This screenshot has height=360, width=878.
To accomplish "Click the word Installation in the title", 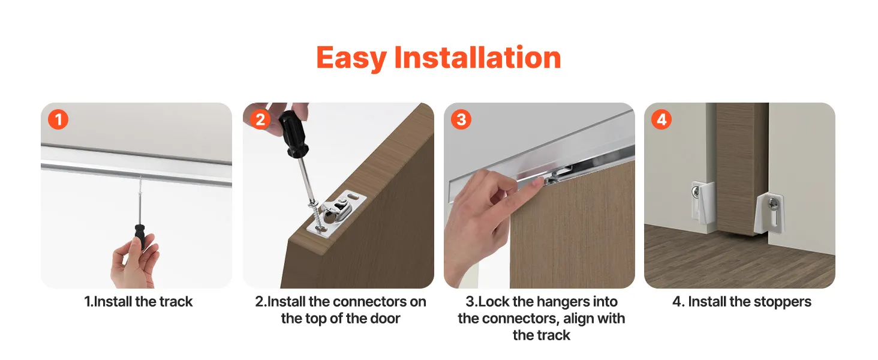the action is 477,57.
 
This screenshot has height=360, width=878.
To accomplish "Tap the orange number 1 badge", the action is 58,119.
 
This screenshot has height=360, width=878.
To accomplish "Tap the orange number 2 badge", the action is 260,119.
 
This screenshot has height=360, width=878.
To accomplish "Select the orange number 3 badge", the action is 461,119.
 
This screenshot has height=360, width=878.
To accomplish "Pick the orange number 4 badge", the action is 661,119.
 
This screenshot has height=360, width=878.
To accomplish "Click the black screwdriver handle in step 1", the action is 139,236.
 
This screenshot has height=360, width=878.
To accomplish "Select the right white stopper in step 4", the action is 769,212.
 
